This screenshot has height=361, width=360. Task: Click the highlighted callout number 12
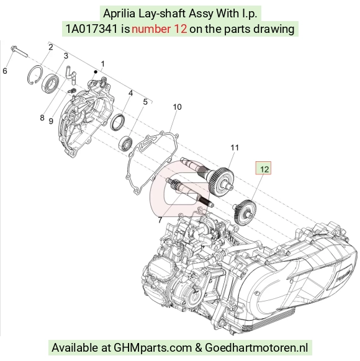[264, 169]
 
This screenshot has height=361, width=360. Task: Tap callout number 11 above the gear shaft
[235, 148]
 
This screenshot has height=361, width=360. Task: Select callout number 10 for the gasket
[177, 107]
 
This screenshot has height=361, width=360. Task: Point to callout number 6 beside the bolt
[5, 71]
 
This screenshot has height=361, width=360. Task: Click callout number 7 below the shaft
[160, 220]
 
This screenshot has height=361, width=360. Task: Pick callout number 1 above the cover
[103, 64]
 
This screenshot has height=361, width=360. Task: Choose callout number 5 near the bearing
[145, 102]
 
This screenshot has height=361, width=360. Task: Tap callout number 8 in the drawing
[42, 118]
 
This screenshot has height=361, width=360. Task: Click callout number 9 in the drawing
[51, 121]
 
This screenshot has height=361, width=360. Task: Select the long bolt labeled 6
[19, 51]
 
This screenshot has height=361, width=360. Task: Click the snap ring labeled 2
[35, 75]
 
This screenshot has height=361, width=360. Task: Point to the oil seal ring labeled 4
[118, 122]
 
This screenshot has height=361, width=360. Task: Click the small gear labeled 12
[245, 212]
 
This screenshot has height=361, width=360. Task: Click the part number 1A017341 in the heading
[92, 29]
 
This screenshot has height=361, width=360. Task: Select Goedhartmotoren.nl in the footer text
[256, 347]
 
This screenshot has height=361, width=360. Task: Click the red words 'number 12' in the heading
[159, 29]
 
